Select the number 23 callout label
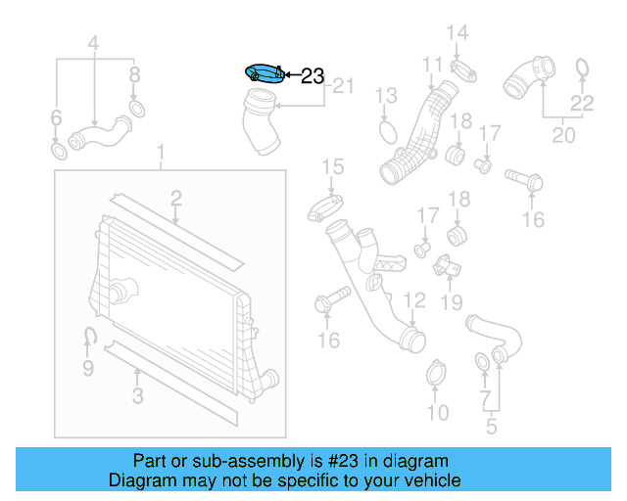[x=312, y=75]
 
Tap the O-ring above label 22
[x=582, y=68]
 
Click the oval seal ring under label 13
[x=387, y=131]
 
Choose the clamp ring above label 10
[x=437, y=373]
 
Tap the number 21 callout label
[x=342, y=86]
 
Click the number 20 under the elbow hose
[x=563, y=135]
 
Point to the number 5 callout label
[x=492, y=426]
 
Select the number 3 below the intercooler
[x=138, y=395]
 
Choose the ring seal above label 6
[x=59, y=152]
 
